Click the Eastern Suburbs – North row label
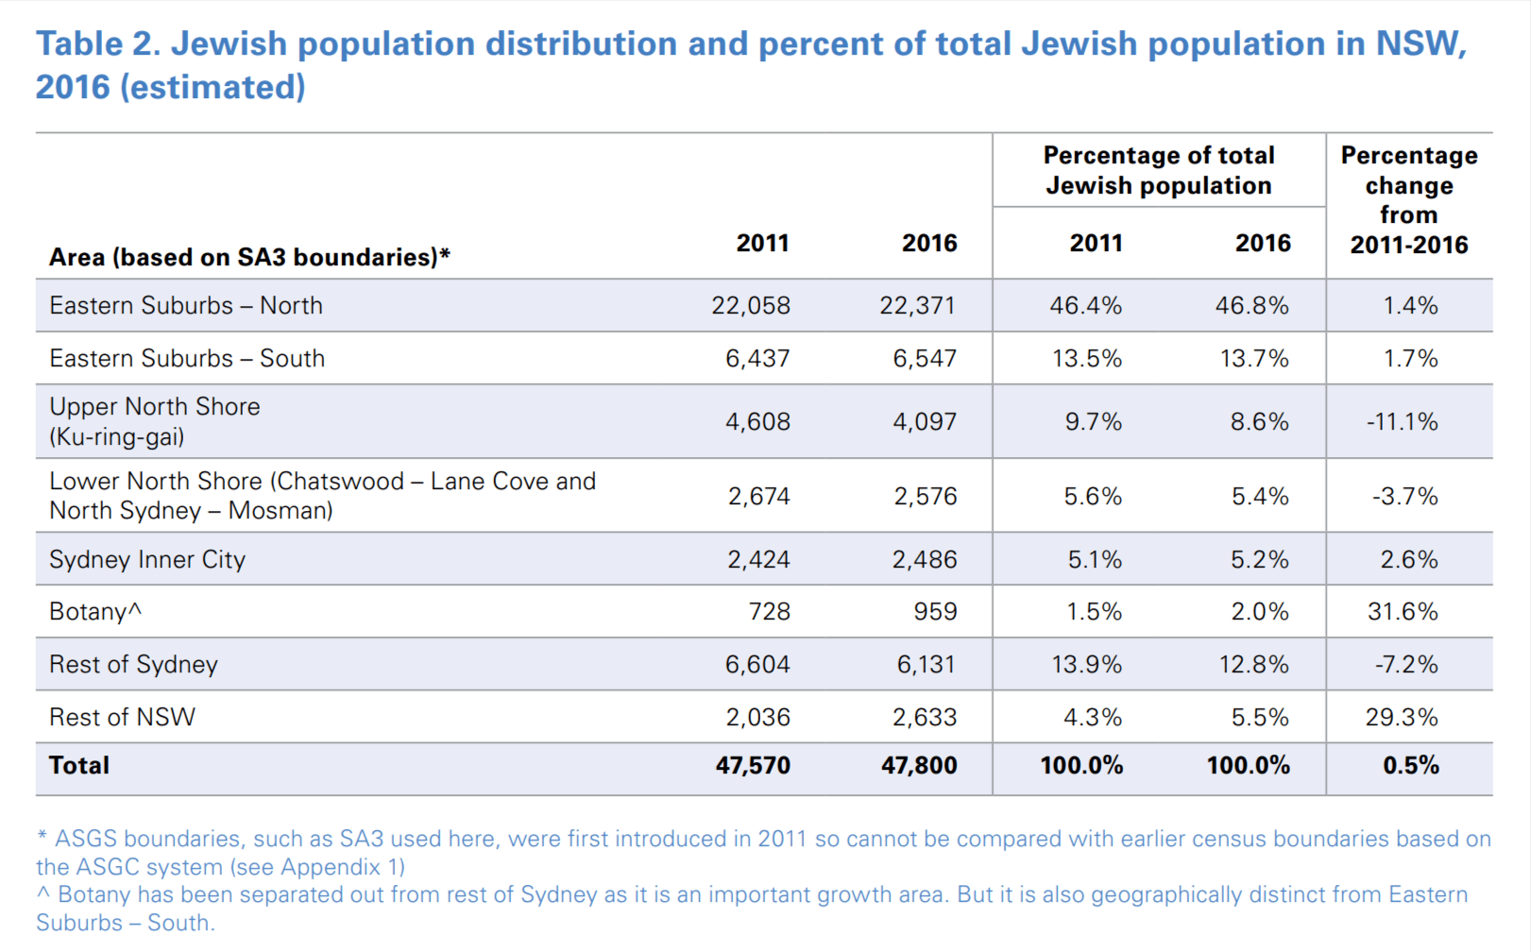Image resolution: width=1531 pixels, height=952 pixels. coord(186,306)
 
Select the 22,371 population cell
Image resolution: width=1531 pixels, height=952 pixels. coord(917,306)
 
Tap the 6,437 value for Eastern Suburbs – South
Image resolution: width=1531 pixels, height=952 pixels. coord(757,359)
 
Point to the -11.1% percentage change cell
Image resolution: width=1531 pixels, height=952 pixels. coord(1403,422)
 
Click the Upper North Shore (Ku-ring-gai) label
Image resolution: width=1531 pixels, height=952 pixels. coord(155,421)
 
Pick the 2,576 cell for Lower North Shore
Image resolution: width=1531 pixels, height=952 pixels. coord(926,497)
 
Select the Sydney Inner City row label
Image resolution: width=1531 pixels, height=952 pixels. coord(147,560)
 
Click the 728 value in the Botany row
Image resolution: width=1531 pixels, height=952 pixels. coord(769,612)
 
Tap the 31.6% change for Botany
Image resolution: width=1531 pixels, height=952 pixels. coord(1403,612)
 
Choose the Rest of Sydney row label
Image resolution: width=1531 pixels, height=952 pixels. coord(133,665)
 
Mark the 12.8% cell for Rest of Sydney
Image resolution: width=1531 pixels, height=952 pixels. coord(1254,665)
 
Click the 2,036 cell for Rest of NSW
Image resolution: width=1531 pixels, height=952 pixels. coord(757,718)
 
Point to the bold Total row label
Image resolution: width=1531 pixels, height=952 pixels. coord(79,766)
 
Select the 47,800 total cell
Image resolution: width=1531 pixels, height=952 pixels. coord(919,766)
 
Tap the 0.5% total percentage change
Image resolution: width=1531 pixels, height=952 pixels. coord(1411,766)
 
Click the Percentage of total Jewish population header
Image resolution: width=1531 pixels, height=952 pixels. coord(1159,171)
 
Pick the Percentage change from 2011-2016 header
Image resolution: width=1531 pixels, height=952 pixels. coord(1409,200)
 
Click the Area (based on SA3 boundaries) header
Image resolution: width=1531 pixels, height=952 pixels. coord(249,258)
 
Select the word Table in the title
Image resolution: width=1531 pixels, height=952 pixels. coord(79,44)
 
